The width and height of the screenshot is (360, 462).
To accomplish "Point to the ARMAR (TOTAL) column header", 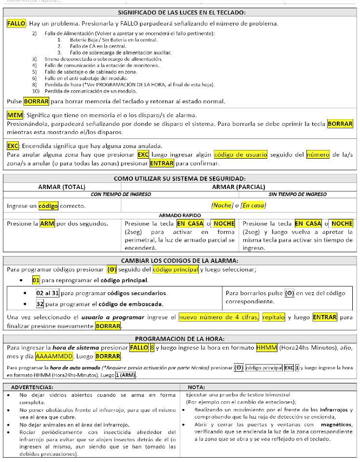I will coord(62,187).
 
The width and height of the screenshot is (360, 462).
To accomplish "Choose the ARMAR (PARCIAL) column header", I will coord(238,187).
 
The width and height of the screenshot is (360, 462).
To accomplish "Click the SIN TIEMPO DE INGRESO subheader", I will coord(297,194).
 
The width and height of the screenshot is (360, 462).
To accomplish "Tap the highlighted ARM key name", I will coord(47,224).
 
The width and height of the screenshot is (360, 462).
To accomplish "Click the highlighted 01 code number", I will coord(36,280).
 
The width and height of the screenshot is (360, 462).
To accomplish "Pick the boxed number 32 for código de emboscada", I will coord(40,304).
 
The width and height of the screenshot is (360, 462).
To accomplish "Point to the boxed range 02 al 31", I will coord(47,293).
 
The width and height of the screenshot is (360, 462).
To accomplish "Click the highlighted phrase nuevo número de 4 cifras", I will coord(219,317).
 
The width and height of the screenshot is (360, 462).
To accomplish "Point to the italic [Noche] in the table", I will coord(222,205).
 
